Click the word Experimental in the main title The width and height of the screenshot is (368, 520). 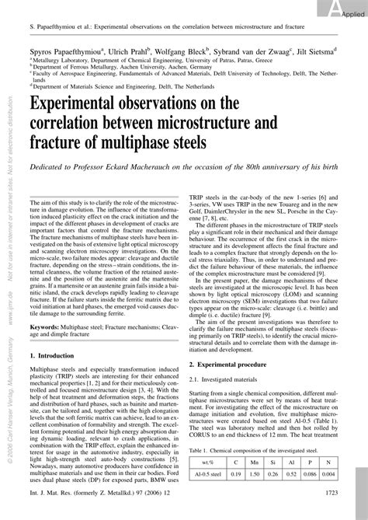click(87, 110)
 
